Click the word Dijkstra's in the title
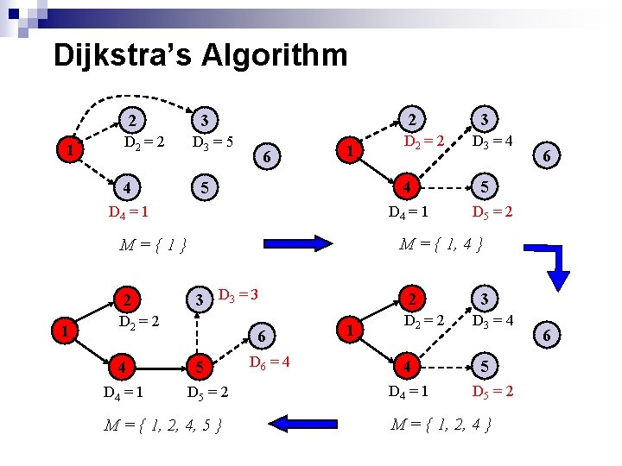pos(122,55)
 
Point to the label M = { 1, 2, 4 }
pos(441,424)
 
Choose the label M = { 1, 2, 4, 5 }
pos(164,425)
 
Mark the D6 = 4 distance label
pos(269,360)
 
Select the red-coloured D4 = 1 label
pos(130,211)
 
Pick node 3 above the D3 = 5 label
pos(204,118)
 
